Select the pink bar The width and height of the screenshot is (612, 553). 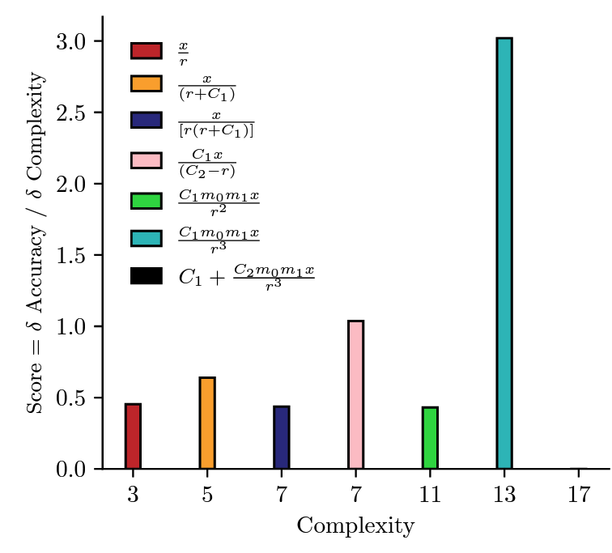(355, 395)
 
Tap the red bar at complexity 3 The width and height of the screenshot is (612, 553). (133, 436)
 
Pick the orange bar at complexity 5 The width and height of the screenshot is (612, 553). (207, 423)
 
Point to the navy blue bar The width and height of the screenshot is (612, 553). (281, 438)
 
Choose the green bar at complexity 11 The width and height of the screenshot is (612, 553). (430, 438)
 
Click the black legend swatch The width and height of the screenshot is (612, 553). (147, 276)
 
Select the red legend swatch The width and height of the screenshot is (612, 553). (147, 51)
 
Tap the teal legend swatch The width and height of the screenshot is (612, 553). (147, 237)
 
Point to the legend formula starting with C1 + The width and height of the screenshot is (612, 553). (246, 276)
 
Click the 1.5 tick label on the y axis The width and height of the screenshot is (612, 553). (74, 255)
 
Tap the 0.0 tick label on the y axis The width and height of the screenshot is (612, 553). (74, 469)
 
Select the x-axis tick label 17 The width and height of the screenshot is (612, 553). (578, 495)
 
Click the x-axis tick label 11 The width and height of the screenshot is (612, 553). (430, 495)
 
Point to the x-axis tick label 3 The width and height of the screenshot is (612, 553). (133, 495)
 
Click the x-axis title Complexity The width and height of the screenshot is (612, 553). (355, 526)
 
